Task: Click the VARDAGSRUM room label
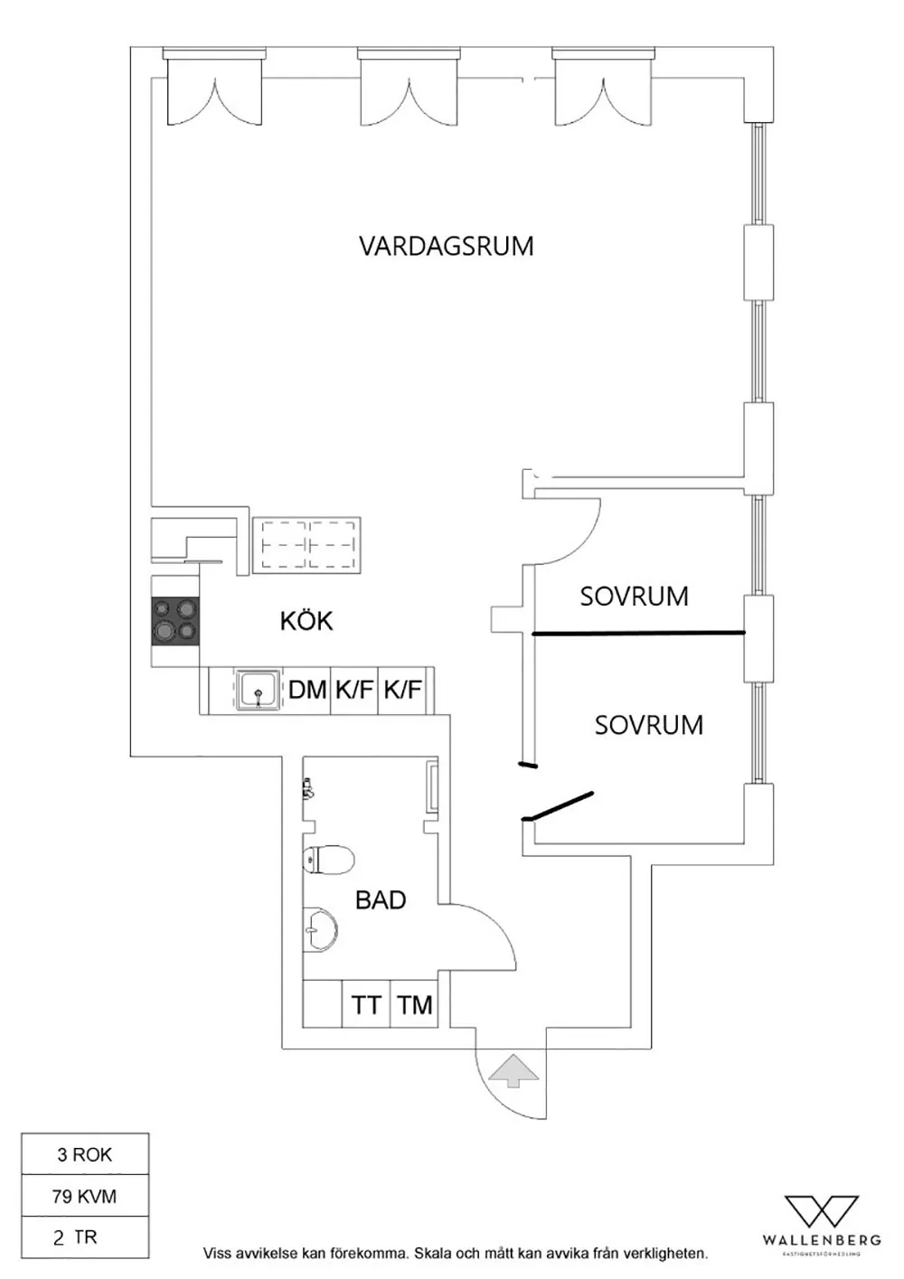446,246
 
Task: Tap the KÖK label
306,621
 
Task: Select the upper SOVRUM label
634,597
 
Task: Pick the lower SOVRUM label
648,725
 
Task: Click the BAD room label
381,900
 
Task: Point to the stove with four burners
175,620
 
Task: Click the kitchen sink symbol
259,691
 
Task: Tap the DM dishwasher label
307,691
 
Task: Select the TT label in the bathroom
366,1005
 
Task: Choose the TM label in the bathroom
415,1005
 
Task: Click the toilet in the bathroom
327,860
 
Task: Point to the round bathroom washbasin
320,928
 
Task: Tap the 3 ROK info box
85,1154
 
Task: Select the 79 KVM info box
85,1196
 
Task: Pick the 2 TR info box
85,1237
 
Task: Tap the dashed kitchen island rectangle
306,545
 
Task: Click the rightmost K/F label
402,691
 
